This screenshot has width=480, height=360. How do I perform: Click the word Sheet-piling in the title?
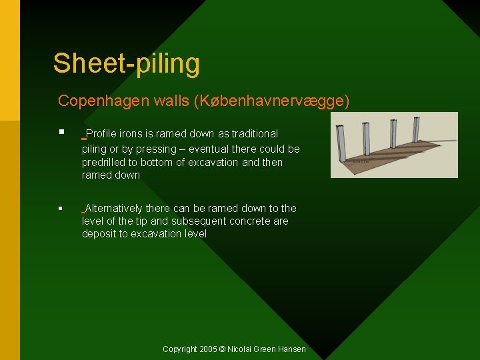(x=126, y=63)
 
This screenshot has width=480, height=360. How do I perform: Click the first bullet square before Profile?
(x=61, y=132)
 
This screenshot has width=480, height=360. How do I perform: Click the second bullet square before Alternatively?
(x=61, y=209)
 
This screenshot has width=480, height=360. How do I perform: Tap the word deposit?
(x=99, y=233)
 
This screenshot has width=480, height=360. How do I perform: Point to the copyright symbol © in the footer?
(x=223, y=349)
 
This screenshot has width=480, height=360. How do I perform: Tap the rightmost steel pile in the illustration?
(x=416, y=129)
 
